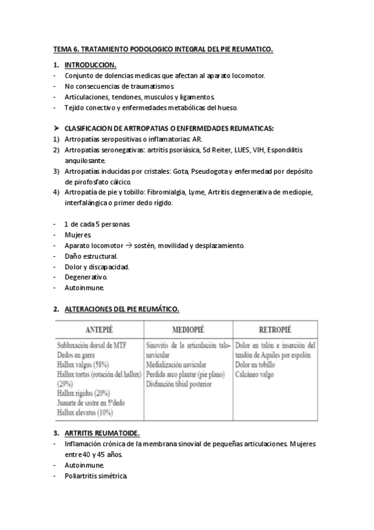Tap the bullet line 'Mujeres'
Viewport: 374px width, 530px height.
77,234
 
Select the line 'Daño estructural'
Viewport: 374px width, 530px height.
91,256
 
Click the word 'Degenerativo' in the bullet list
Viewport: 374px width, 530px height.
86,277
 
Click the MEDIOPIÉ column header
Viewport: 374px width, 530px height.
188,329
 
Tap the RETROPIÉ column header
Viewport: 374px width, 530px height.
274,329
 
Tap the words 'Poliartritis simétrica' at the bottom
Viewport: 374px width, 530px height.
96,476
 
